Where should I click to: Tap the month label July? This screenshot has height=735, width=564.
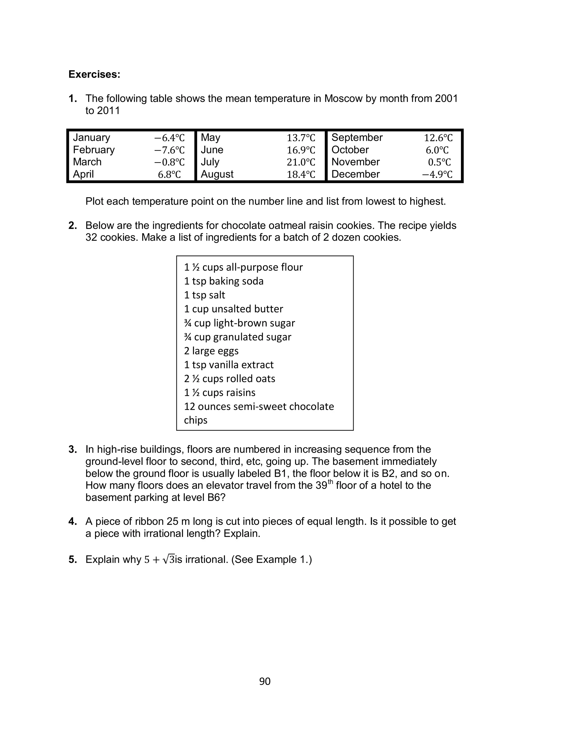tap(210, 162)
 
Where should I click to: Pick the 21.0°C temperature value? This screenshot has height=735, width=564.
tap(301, 162)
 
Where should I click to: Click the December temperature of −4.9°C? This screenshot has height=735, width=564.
tap(437, 175)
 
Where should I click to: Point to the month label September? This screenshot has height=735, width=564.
tap(357, 138)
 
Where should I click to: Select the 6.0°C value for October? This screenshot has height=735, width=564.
tap(437, 150)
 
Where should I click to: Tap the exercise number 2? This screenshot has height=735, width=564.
tap(72, 226)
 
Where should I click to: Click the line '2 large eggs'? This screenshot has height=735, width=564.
tap(211, 351)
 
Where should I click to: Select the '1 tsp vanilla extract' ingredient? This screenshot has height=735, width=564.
tap(229, 365)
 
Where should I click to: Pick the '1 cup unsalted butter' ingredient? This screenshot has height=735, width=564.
tap(233, 309)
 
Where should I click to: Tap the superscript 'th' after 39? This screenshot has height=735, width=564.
tap(330, 482)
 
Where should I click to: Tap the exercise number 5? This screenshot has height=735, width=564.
tap(72, 560)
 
